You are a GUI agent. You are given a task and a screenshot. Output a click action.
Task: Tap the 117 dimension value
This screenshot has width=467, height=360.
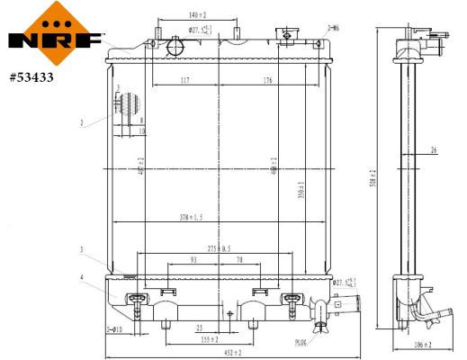pos(184,81)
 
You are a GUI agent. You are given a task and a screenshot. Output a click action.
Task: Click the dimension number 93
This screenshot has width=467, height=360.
pos(193,260)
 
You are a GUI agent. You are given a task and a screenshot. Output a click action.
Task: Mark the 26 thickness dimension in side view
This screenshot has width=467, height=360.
pos(434,150)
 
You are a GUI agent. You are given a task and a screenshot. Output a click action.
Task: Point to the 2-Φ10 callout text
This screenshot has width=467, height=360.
pos(114,330)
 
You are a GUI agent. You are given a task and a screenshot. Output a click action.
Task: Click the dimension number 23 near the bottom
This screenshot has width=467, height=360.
pos(199,328)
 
